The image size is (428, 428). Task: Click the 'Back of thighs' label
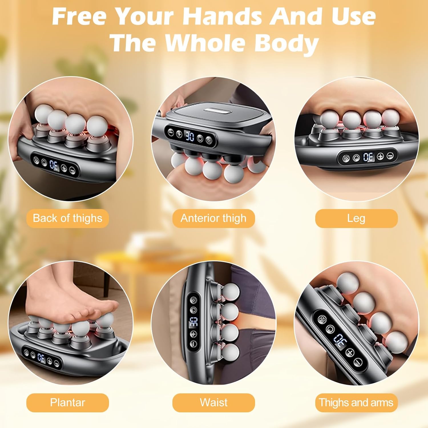click(x=68, y=218)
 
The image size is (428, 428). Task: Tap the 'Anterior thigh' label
click(x=213, y=218)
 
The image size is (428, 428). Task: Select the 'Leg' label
click(x=356, y=218)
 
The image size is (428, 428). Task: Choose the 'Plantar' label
click(x=68, y=403)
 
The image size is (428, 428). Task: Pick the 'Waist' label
click(x=213, y=403)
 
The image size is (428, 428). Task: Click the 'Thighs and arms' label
click(x=356, y=403)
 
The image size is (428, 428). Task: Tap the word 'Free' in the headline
click(x=80, y=16)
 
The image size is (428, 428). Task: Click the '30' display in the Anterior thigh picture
click(x=190, y=136)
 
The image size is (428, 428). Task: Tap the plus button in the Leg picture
click(x=381, y=156)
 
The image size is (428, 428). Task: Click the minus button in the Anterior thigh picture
click(x=171, y=132)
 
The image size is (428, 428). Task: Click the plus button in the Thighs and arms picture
click(x=350, y=353)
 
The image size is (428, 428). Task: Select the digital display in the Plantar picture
click(x=41, y=358)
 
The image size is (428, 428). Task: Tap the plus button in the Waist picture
click(x=193, y=334)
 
